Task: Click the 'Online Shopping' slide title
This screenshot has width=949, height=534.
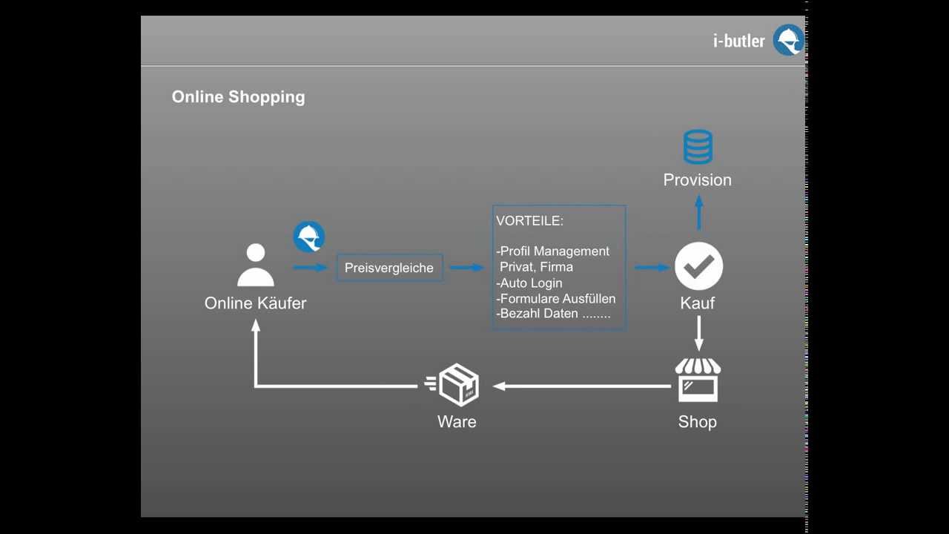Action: coord(238,97)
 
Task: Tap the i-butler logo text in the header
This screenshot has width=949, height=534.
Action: coord(739,41)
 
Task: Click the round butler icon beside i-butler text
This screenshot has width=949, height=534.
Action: coord(788,40)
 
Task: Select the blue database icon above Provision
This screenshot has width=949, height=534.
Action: coord(698,147)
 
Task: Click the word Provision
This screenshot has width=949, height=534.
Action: coord(698,180)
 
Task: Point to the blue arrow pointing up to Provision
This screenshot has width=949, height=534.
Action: coord(699,213)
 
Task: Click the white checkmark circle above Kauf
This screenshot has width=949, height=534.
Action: coord(698,266)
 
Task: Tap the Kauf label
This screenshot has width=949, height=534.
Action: coord(698,303)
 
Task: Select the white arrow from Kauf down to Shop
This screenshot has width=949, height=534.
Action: coord(699,334)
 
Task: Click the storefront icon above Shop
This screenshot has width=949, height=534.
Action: coord(698,380)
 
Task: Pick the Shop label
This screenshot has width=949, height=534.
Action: coord(698,422)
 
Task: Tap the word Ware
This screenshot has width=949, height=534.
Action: coord(457,422)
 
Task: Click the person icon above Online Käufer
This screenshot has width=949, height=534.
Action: coord(256,265)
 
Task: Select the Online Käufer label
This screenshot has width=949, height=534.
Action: coord(255,303)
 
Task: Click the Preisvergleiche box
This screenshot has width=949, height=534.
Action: coord(389,268)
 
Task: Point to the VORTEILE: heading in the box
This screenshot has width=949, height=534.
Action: coord(529,221)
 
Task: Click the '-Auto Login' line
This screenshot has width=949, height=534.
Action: coord(529,283)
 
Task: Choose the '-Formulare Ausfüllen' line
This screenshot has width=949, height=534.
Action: coord(556,299)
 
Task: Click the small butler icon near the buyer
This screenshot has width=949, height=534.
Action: coord(309,237)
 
